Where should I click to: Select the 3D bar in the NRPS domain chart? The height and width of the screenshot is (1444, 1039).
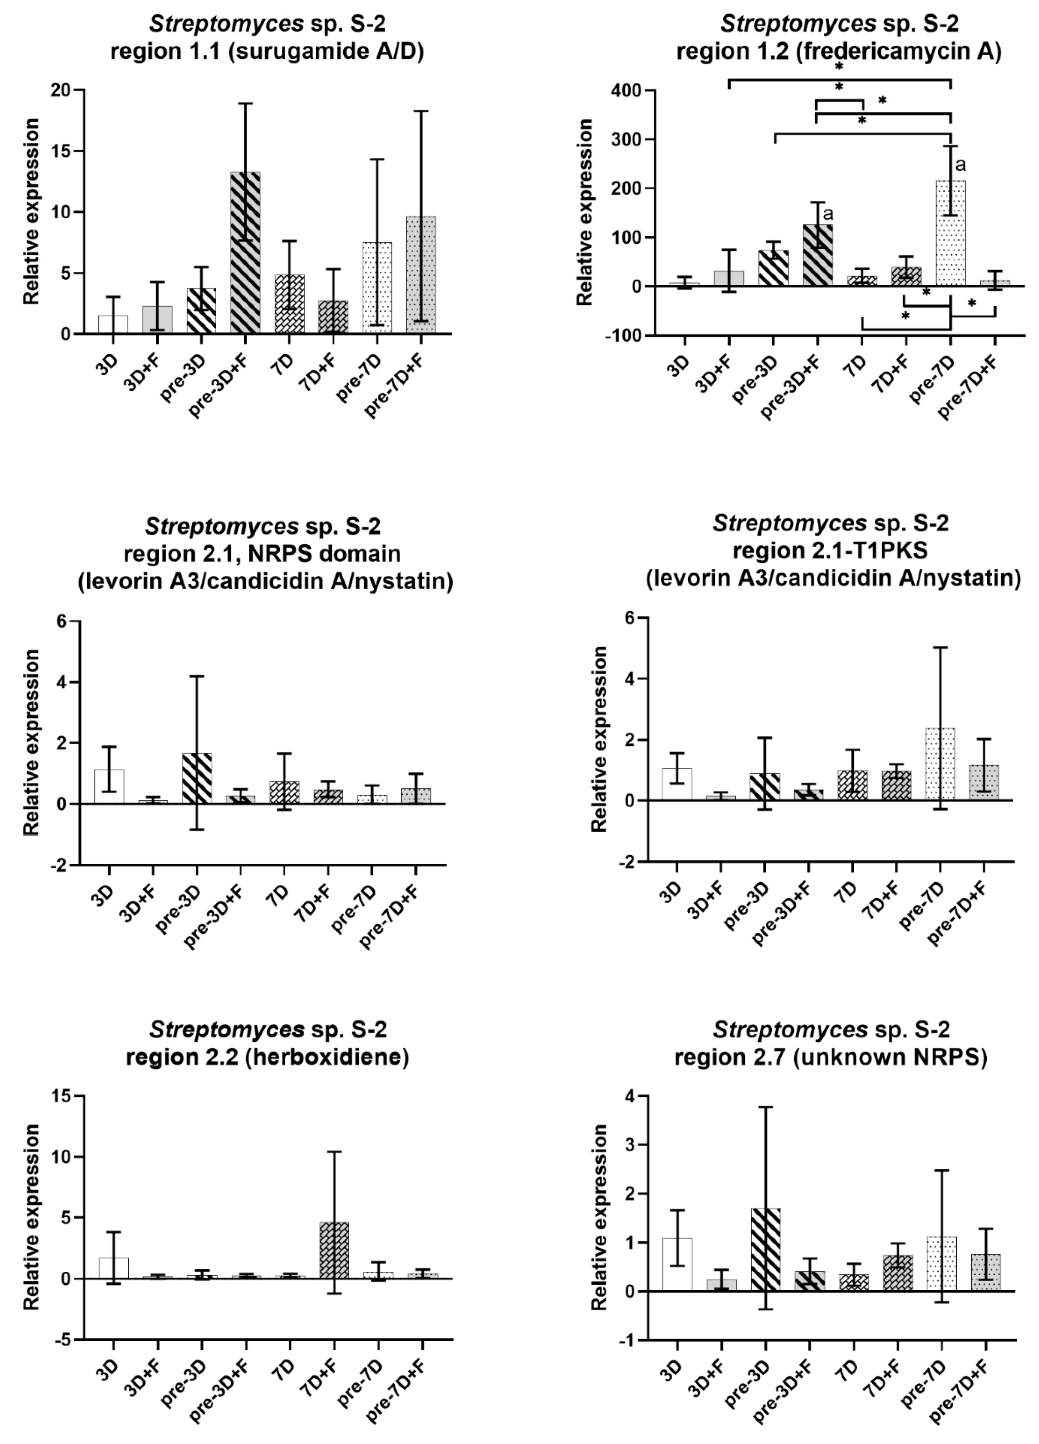(x=109, y=786)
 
